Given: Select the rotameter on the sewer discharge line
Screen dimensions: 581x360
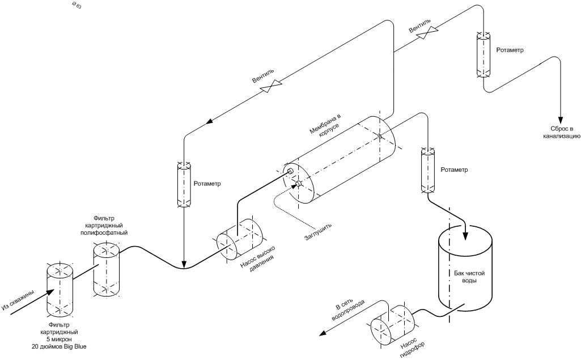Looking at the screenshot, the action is coord(483,55).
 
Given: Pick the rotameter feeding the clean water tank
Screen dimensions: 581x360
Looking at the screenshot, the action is coord(429,170).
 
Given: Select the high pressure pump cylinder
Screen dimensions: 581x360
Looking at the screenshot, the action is coord(240,240).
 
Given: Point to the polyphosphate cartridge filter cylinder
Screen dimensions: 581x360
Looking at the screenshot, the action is coord(107,269).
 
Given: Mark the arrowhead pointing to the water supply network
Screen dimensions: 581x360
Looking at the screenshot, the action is coord(324,333).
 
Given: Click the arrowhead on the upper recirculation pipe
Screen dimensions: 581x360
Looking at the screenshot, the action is coord(211,121).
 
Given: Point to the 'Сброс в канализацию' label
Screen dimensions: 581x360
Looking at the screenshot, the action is coord(562,132).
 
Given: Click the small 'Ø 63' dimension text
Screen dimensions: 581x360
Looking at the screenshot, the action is coord(77,6).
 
